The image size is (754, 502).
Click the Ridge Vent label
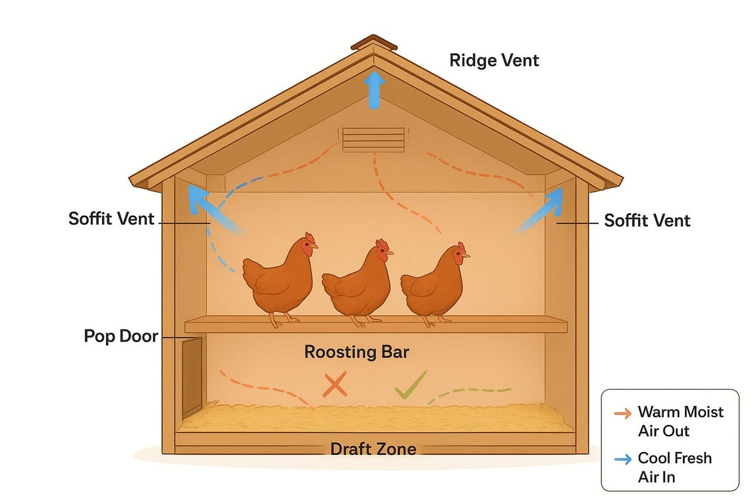point(494,60)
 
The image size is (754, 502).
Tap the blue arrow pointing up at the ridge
point(374,89)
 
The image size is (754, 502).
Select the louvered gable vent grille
point(374,139)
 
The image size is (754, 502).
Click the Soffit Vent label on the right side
point(647,220)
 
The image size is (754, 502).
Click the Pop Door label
point(121,336)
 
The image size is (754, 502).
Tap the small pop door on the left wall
point(192,376)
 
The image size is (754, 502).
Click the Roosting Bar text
point(356,352)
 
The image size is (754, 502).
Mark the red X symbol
point(334,385)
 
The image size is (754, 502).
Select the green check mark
point(410,385)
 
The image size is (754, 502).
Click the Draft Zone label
point(373,449)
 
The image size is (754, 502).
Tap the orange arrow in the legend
point(623,413)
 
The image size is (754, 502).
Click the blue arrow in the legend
point(623,459)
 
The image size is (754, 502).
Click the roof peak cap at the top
point(374,43)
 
